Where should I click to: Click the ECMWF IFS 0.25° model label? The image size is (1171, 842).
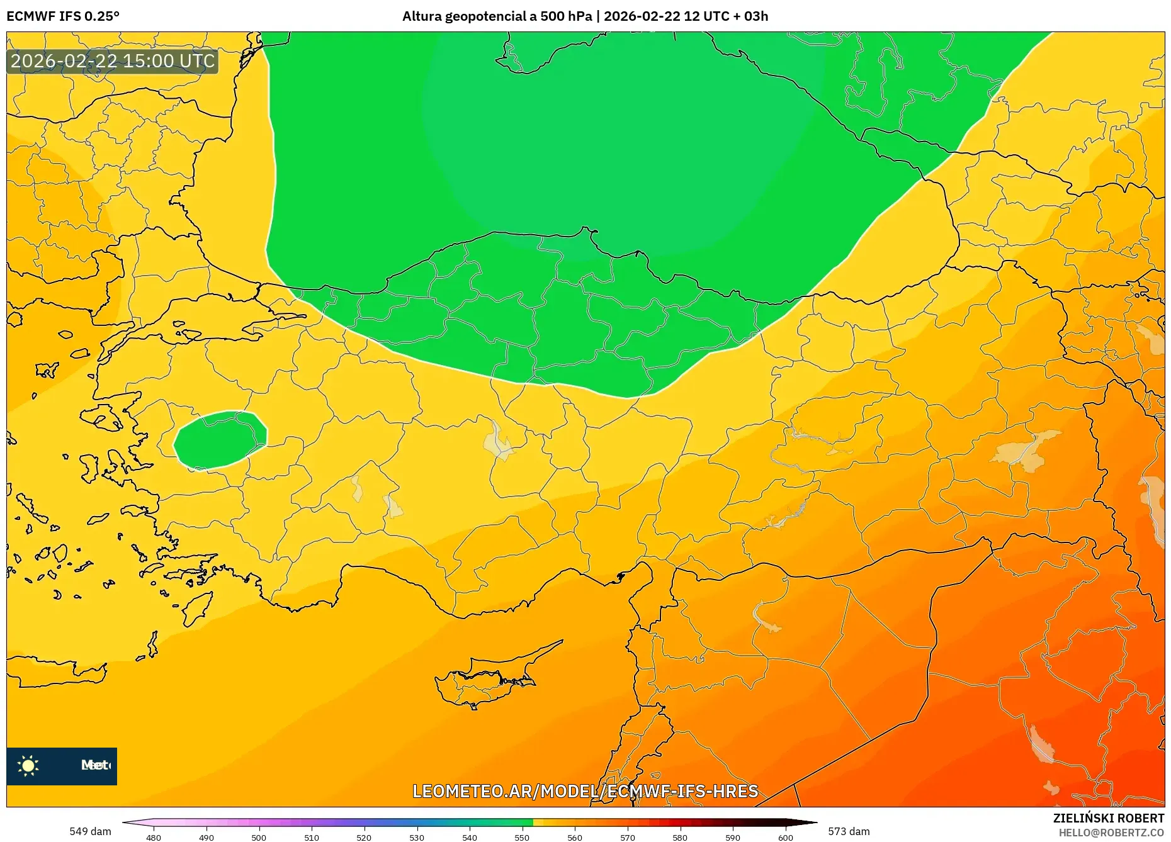tap(63, 16)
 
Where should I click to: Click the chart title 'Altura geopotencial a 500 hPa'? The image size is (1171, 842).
tap(497, 16)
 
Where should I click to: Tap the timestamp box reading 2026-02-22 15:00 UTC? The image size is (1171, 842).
tap(113, 61)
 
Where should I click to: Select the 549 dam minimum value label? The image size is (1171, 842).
tap(90, 831)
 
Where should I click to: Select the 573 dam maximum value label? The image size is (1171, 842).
tap(849, 831)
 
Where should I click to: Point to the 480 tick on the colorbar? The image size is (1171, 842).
tap(154, 837)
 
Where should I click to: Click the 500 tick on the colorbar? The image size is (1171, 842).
tap(259, 837)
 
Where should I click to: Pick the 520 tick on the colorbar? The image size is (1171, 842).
tap(364, 837)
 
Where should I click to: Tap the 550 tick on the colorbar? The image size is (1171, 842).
tap(522, 837)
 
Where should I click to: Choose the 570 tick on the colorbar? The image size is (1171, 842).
tap(627, 837)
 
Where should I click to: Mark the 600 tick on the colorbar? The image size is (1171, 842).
tap(785, 837)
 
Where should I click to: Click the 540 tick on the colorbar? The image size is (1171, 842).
tap(469, 837)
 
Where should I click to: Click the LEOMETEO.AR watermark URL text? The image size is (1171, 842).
tap(585, 791)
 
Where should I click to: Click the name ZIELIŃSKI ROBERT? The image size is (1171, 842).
tap(1108, 818)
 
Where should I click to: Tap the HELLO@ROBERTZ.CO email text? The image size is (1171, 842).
tap(1111, 833)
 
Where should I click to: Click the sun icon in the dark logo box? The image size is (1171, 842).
tap(28, 765)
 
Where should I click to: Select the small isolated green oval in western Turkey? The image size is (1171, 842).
tap(220, 440)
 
